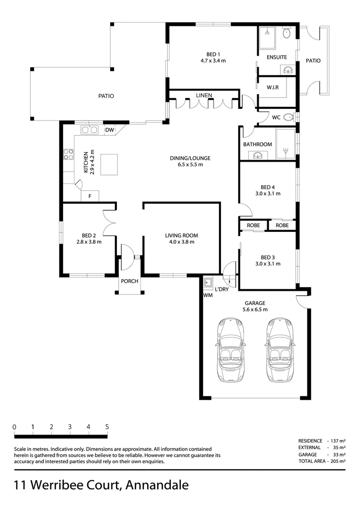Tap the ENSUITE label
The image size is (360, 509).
click(277, 57)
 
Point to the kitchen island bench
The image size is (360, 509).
click(109, 164)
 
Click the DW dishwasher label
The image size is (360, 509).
click(109, 130)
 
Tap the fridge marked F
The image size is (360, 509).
click(90, 195)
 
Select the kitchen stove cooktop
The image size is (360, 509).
click(68, 154)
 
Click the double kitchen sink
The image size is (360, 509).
click(89, 130)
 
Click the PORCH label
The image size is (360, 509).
click(130, 281)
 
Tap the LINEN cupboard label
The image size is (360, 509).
click(204, 96)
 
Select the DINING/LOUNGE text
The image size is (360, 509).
click(190, 158)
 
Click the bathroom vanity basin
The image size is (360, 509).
click(257, 155)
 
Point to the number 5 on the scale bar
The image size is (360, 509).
click(107, 427)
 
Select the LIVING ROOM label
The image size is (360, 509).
click(181, 236)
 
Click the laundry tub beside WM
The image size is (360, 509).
click(208, 283)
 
